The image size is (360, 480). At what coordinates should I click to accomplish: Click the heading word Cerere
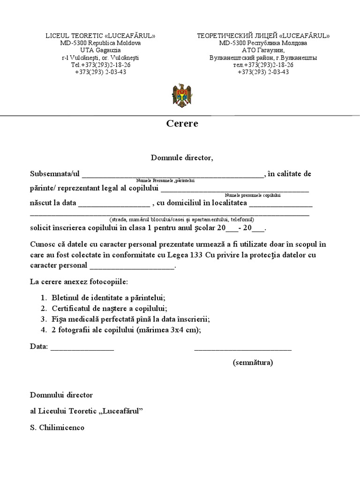tap(182, 124)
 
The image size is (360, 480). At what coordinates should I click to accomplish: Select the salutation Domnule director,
tap(182, 157)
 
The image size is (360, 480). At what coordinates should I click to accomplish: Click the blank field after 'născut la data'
tap(114, 204)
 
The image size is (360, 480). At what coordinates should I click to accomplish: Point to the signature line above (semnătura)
tap(243, 348)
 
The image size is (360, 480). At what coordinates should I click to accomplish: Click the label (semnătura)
tap(253, 362)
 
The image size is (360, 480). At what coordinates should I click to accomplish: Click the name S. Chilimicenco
tap(57, 428)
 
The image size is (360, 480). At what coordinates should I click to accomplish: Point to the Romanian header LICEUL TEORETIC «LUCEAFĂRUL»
tap(100, 36)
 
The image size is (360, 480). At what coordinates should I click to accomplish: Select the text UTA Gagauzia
tap(100, 50)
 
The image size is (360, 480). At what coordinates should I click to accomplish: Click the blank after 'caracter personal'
tap(132, 266)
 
